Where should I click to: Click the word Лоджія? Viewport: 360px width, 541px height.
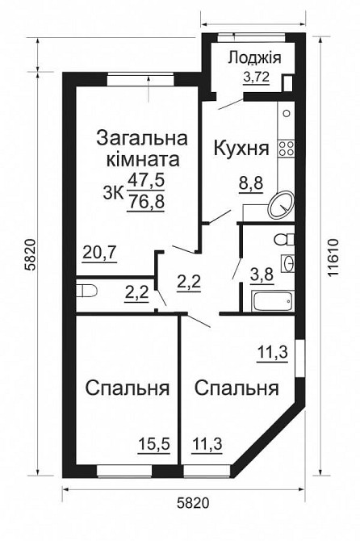[x=253, y=57]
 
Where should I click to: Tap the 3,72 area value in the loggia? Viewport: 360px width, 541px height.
[x=256, y=78]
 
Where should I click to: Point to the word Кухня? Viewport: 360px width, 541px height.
[x=241, y=149]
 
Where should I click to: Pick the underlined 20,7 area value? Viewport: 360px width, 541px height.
[x=100, y=252]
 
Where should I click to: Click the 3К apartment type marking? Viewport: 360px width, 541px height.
[x=114, y=191]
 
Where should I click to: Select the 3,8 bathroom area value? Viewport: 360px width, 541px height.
[x=263, y=273]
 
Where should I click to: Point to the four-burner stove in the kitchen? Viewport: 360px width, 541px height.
[x=286, y=148]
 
